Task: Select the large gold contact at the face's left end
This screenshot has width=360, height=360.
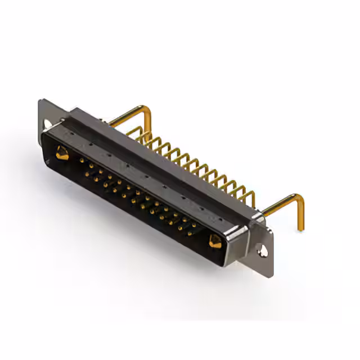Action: [61, 151]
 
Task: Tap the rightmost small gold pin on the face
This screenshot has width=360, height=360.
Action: [194, 226]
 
